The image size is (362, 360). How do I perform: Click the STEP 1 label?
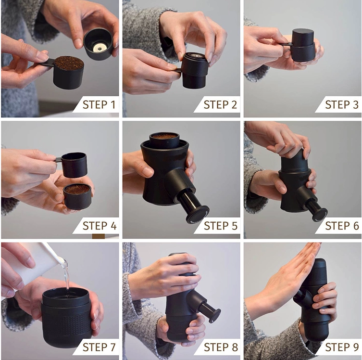[x=99, y=104]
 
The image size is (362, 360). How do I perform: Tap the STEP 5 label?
[x=221, y=226]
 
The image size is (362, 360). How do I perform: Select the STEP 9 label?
[x=342, y=347]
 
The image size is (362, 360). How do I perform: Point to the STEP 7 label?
[x=99, y=347]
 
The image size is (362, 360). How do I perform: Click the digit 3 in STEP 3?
[x=355, y=104]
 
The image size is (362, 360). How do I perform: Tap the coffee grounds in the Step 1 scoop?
[x=69, y=63]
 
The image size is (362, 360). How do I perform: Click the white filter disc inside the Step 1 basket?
[x=100, y=48]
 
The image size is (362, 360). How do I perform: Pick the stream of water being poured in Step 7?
[x=66, y=275]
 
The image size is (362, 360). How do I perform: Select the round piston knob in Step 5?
[x=198, y=215]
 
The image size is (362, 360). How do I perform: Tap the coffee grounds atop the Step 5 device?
[x=164, y=136]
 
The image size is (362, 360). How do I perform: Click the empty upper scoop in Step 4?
[x=74, y=164]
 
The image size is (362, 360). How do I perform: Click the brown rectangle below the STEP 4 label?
[x=99, y=236]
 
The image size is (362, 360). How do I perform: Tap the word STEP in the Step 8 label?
[x=215, y=347]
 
